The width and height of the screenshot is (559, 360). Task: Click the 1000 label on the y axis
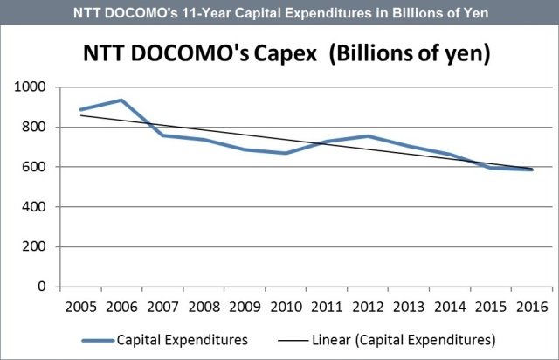pos(36,87)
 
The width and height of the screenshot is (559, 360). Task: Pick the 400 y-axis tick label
pos(40,207)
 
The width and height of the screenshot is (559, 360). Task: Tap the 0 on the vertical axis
pos(47,287)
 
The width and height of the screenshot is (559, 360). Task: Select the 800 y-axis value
pos(40,128)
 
